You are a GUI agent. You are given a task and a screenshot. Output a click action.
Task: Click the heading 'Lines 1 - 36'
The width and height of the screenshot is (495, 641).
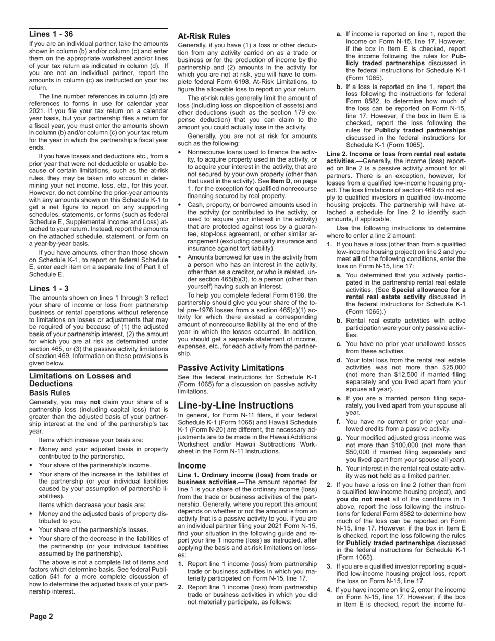click(51, 34)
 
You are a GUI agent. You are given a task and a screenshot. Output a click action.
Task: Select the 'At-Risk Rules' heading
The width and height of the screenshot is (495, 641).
click(204, 36)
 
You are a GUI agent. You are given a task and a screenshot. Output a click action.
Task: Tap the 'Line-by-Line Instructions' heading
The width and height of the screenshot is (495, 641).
click(236, 405)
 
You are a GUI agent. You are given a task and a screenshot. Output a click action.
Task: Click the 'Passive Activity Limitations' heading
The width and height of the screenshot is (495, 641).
click(231, 367)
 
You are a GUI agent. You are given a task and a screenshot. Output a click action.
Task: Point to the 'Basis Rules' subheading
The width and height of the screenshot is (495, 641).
click(49, 392)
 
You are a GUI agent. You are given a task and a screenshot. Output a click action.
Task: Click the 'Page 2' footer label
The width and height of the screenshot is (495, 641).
click(41, 617)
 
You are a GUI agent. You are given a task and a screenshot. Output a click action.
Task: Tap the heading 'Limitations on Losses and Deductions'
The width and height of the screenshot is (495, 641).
click(80, 379)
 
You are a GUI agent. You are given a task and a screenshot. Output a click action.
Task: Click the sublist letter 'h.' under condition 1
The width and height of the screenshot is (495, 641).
click(339, 468)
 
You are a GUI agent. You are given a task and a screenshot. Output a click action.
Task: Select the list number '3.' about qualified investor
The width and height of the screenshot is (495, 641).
click(329, 566)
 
